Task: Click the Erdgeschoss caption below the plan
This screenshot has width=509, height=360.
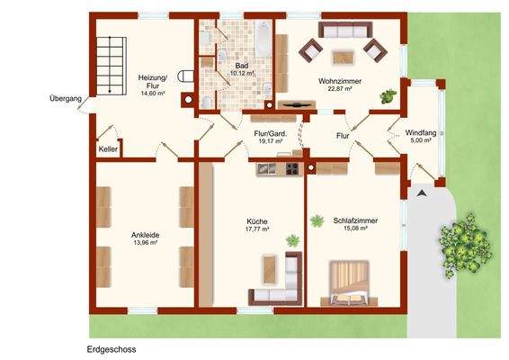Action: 112,348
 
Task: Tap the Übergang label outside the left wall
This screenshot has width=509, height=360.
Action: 66,98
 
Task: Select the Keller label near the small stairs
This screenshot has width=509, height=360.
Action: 108,149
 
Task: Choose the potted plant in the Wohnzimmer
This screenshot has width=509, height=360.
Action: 388,94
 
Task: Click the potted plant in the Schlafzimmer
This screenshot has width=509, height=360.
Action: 316,220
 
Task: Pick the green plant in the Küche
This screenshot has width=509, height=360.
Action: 291,239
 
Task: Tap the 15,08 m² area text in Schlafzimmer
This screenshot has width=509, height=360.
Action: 354,228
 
